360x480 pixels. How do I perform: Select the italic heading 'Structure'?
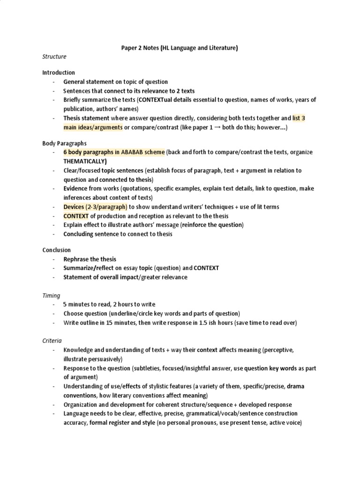coord(54,57)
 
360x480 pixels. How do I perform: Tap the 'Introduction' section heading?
coord(59,73)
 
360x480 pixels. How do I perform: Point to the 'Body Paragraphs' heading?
coord(64,143)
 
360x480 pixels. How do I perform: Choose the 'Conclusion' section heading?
coord(57,250)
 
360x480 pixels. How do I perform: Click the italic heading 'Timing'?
coord(51,296)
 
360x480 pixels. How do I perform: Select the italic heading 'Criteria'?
coord(52,341)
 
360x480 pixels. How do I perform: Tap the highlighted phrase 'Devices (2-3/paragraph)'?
coord(96,207)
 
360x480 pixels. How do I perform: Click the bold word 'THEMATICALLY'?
coord(84,161)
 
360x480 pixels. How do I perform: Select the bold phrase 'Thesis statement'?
coord(86,118)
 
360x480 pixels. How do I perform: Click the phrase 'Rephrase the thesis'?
coord(90,259)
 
